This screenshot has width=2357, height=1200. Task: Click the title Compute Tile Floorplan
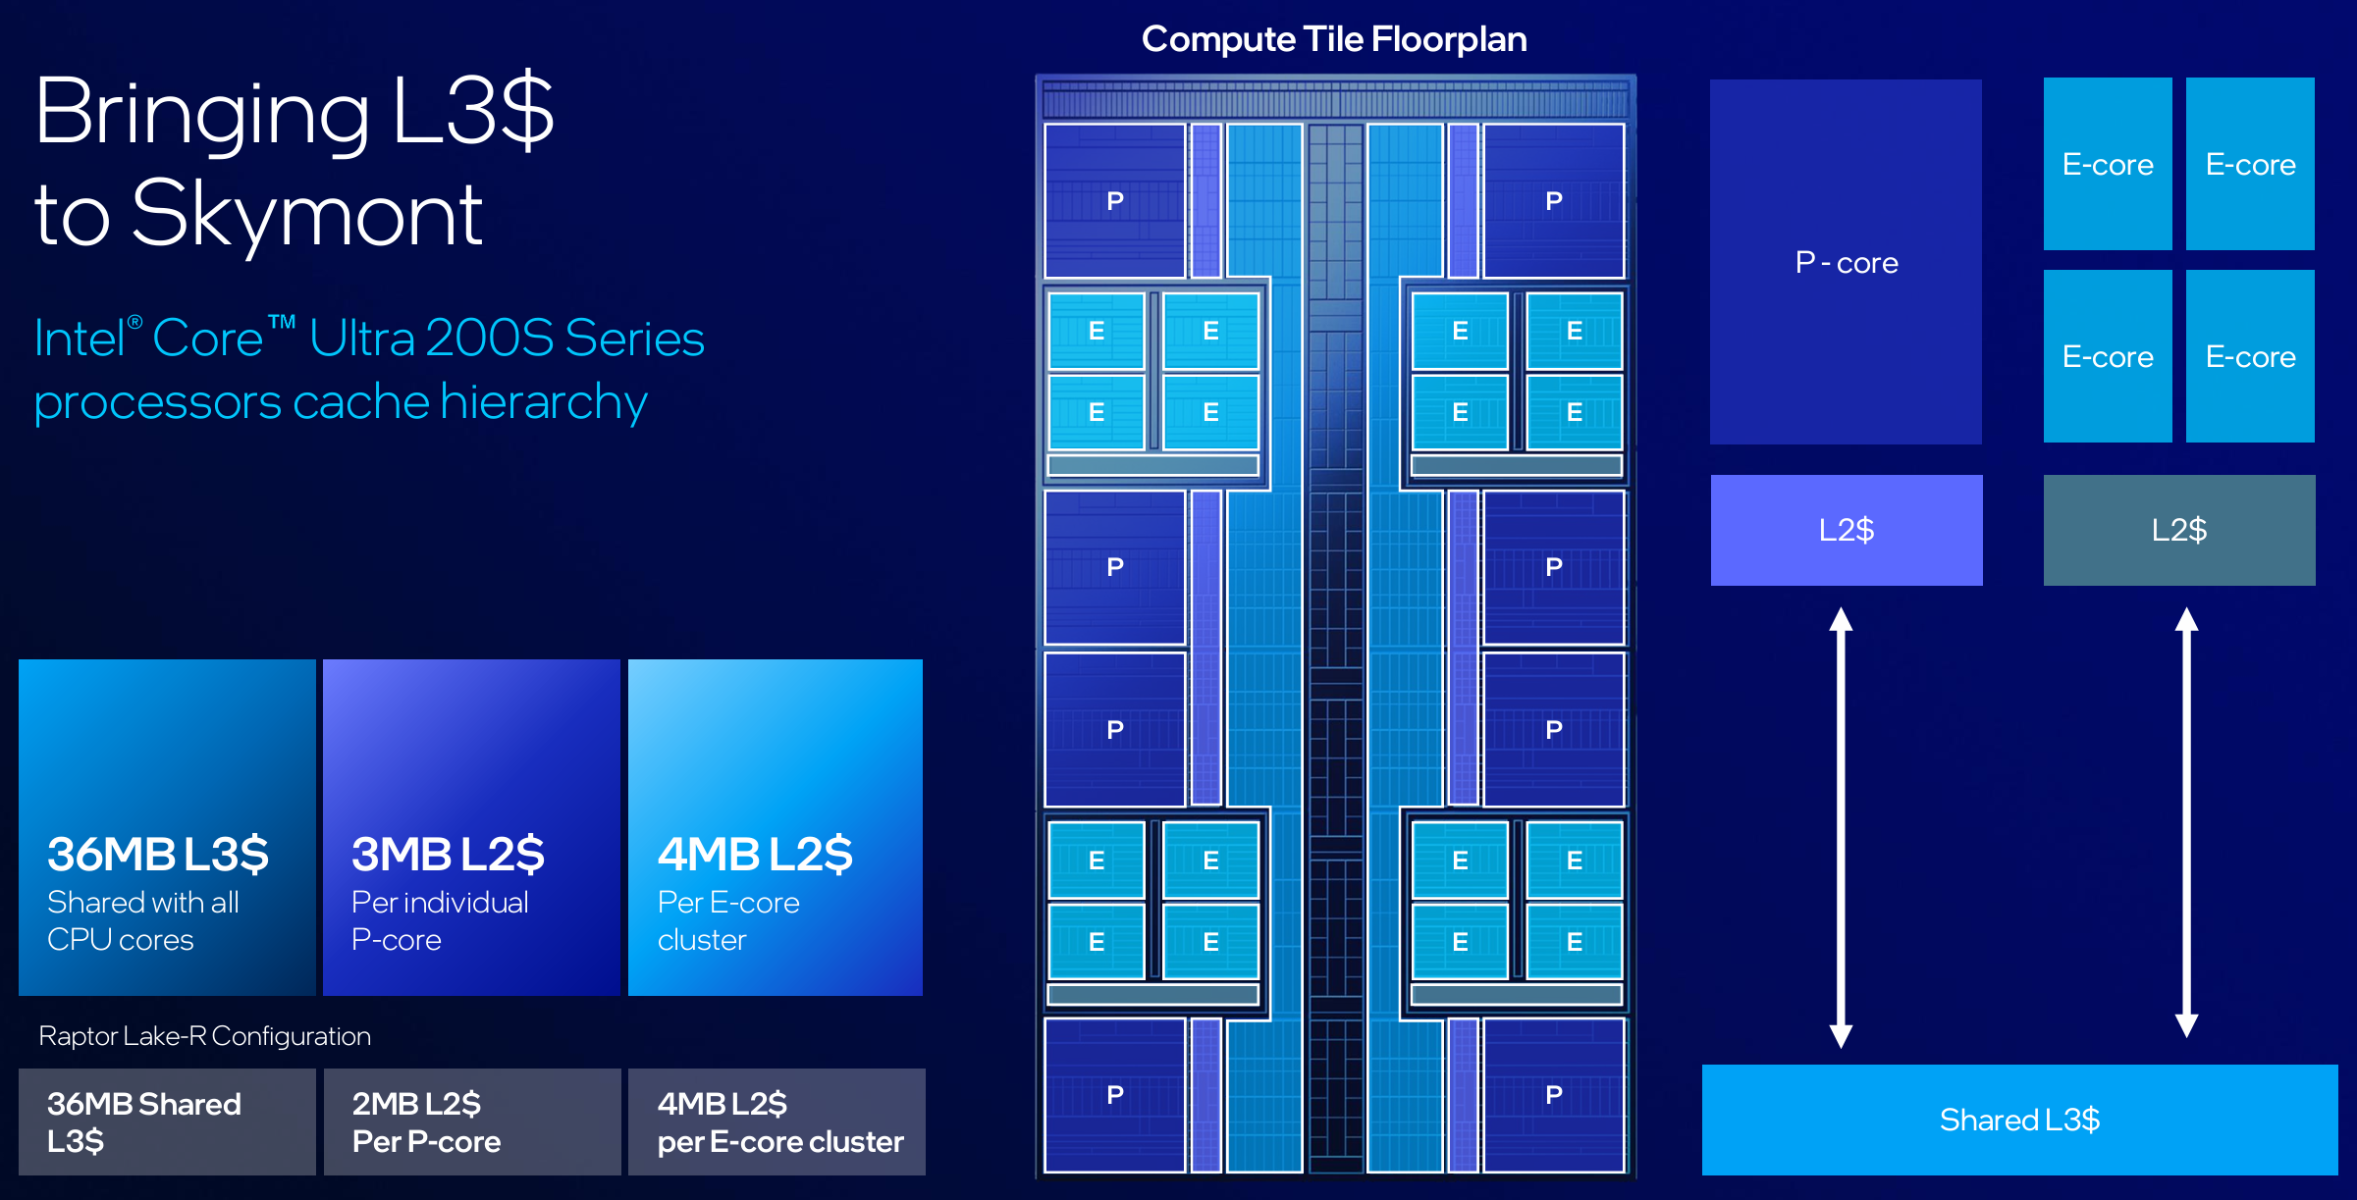click(x=1334, y=39)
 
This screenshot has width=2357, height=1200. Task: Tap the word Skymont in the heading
click(x=307, y=215)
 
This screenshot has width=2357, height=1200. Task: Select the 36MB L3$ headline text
click(x=158, y=854)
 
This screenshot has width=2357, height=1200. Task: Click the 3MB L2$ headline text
click(x=448, y=854)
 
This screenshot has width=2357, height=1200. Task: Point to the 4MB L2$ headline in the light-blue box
click(x=755, y=854)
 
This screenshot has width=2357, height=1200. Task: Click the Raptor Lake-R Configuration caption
click(x=204, y=1036)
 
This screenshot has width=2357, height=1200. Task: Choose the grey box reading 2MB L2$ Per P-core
click(x=472, y=1122)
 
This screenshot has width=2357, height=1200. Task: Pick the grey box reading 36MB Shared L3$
click(x=167, y=1122)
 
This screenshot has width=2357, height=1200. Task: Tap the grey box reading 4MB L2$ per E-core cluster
click(x=777, y=1122)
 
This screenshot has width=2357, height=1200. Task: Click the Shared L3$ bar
click(x=2019, y=1120)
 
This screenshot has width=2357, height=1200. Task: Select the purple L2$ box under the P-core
click(x=1847, y=530)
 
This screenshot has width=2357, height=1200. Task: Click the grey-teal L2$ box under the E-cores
click(x=2179, y=530)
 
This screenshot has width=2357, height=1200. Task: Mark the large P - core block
click(x=1846, y=262)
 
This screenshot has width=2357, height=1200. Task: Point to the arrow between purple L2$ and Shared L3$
click(x=1841, y=827)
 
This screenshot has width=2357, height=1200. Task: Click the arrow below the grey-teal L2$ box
click(x=2186, y=822)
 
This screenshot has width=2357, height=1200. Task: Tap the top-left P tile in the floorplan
click(x=1115, y=201)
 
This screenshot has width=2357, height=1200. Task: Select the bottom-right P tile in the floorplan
click(x=1554, y=1095)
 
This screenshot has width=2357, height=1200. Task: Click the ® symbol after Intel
click(x=135, y=322)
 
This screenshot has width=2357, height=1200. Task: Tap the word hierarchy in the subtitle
click(x=544, y=403)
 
